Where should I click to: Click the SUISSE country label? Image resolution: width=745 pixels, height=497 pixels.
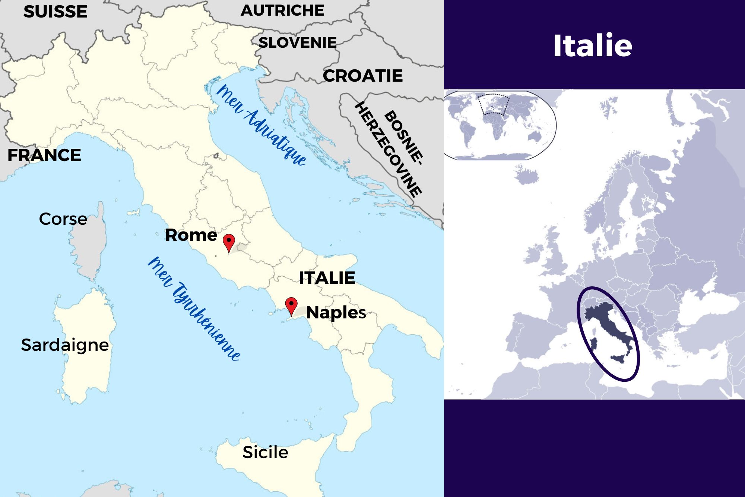[55, 12]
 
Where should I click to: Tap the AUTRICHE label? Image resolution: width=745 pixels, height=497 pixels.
[282, 10]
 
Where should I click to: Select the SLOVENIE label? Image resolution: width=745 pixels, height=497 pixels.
[297, 43]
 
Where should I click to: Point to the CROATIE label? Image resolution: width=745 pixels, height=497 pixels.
[363, 76]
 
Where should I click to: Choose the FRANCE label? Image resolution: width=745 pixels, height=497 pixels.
[44, 155]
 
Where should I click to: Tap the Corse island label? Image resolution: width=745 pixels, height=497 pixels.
[63, 219]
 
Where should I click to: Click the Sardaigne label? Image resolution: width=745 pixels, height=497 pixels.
[65, 345]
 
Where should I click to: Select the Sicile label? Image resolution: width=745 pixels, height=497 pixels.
[265, 452]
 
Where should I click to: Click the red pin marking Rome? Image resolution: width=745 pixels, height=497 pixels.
[229, 242]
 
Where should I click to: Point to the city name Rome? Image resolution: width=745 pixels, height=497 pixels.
[191, 235]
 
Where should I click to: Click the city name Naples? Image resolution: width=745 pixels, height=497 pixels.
[336, 312]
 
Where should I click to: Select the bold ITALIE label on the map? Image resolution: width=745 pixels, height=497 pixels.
[327, 278]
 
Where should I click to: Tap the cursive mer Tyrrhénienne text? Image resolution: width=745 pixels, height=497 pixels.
[194, 308]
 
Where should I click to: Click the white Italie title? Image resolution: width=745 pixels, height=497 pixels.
[592, 45]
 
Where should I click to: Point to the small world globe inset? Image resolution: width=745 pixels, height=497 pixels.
[499, 125]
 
